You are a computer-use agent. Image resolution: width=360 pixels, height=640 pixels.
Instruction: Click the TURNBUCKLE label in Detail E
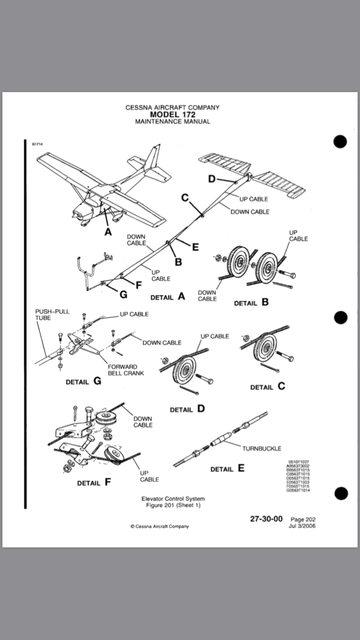pos(262,449)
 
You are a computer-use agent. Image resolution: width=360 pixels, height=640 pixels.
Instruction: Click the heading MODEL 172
pos(172,115)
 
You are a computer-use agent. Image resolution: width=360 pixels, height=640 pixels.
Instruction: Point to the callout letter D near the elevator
pos(212,179)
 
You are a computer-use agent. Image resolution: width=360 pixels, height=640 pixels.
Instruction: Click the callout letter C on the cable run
pos(185,197)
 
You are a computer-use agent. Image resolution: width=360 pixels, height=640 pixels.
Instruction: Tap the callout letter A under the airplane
pos(108,232)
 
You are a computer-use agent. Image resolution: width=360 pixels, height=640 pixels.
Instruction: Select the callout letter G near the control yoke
pos(123,294)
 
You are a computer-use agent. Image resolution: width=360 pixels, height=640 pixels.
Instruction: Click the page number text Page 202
pos(303,519)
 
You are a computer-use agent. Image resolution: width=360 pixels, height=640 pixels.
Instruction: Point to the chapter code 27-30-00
pos(266,519)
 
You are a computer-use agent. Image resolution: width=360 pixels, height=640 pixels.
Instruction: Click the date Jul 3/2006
pos(302,525)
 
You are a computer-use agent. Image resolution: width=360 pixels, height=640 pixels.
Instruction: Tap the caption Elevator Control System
pos(173,499)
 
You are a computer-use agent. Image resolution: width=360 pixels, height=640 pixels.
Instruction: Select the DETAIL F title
pos(94,483)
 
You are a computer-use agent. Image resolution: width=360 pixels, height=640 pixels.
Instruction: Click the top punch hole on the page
pos(340,142)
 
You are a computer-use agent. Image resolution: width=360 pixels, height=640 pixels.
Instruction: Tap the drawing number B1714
pos(37,144)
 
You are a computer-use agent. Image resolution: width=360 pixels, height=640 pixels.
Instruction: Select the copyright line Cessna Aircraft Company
pos(160,526)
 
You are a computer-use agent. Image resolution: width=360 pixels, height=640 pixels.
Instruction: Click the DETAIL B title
pos(251,303)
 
